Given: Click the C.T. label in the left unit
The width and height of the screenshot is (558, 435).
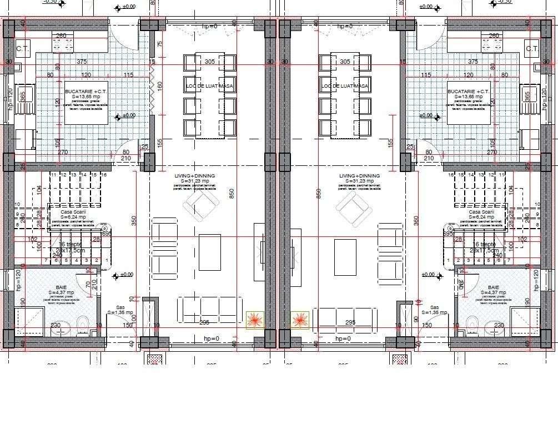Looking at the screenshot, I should click(x=23, y=49).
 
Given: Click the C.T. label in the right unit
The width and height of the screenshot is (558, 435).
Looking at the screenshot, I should click(x=532, y=49).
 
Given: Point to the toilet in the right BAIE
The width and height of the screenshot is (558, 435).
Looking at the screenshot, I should click(x=472, y=322).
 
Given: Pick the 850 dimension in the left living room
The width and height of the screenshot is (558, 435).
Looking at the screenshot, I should click(x=232, y=193).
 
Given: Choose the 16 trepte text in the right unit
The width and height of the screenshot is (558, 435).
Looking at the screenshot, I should click(x=484, y=244).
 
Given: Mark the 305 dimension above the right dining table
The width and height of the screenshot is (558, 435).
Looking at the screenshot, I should click(x=345, y=62).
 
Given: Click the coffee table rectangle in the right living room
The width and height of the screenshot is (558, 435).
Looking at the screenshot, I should click(x=345, y=257).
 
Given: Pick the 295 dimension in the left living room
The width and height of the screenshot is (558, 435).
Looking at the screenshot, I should click(x=204, y=322).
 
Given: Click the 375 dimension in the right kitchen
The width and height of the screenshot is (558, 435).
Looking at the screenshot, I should click(x=472, y=62).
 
